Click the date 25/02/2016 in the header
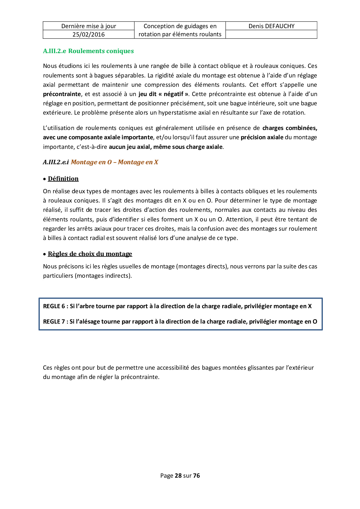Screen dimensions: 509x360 (89, 35)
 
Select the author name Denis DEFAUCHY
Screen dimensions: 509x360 (271, 26)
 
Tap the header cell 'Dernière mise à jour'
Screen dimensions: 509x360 (89, 26)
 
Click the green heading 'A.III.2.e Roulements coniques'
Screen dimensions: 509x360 (88, 51)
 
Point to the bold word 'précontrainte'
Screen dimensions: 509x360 (62, 94)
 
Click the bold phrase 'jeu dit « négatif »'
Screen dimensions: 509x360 (163, 94)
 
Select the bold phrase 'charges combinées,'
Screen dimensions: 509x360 (289, 128)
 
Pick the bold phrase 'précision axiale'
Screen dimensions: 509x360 (262, 137)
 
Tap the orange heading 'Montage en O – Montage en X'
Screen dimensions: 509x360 (114, 162)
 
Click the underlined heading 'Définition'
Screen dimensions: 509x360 (63, 179)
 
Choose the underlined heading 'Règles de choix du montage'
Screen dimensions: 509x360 (90, 254)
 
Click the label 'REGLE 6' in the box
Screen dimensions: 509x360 (54, 306)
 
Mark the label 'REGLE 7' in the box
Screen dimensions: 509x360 (54, 322)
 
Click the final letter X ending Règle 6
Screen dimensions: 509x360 (310, 306)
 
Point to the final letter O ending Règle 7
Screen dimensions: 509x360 (315, 322)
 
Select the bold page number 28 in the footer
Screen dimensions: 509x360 (178, 476)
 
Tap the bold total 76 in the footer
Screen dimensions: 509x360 (197, 476)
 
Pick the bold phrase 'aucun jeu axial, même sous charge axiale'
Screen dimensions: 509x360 (165, 147)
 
